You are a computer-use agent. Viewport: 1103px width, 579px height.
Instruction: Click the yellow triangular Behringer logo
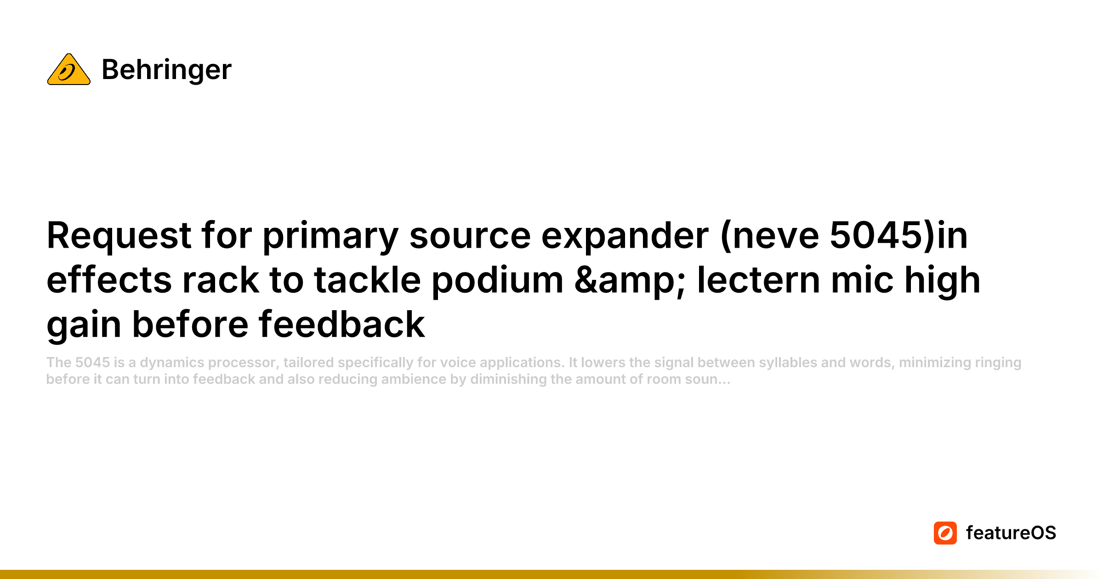69,70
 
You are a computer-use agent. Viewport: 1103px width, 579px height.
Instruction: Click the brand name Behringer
166,70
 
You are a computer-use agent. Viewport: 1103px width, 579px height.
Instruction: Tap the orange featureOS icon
945,533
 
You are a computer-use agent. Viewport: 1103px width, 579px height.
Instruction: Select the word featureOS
1011,533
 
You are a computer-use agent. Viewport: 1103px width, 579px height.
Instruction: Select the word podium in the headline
497,280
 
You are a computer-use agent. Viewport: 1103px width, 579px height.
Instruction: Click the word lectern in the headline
758,280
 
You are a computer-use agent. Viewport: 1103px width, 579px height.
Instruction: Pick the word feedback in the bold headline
342,324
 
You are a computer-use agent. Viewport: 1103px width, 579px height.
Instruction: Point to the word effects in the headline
109,280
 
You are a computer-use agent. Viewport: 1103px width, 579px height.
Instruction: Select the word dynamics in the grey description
172,363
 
